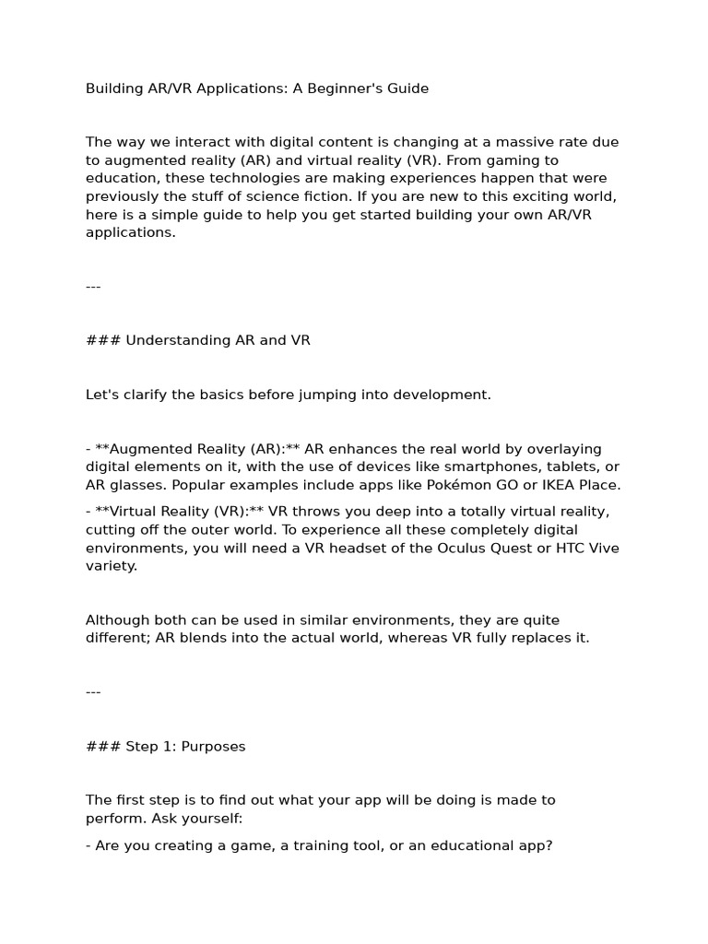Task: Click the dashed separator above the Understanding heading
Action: (93, 286)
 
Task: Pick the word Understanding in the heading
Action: (171, 340)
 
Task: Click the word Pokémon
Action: (429, 485)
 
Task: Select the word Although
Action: (117, 619)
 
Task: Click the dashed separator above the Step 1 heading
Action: (93, 691)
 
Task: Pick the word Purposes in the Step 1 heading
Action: (213, 747)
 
